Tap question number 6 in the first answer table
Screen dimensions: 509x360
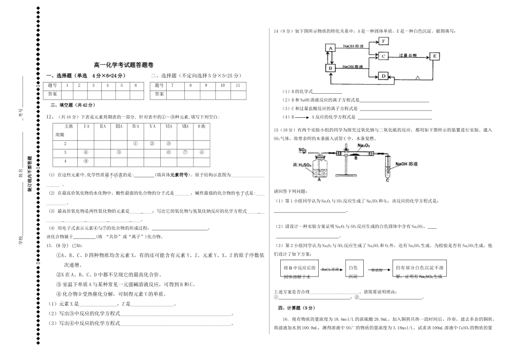tap(135, 85)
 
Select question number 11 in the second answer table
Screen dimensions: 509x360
tap(237, 85)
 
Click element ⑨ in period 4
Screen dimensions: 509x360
tap(86, 161)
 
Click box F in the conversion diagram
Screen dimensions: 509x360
tap(384, 41)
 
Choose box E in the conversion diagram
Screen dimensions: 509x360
tap(434, 56)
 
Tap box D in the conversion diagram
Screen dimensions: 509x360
tap(384, 76)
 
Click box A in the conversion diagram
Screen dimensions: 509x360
tap(331, 48)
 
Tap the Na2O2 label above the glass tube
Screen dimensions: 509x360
tap(364, 146)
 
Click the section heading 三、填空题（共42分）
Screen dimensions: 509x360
tap(72, 105)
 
